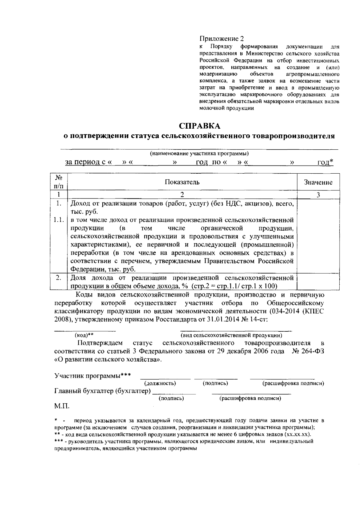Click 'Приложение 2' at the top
(222, 39)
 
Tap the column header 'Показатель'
(182, 182)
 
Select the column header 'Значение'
(318, 182)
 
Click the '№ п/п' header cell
(59, 182)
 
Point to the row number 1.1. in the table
(59, 220)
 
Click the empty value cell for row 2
(318, 281)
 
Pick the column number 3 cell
(318, 195)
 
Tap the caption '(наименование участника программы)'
(199, 154)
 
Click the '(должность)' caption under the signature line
(160, 383)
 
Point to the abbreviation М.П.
(61, 407)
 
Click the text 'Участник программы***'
(92, 375)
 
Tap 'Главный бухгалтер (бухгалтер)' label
(102, 391)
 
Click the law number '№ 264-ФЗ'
(308, 351)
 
